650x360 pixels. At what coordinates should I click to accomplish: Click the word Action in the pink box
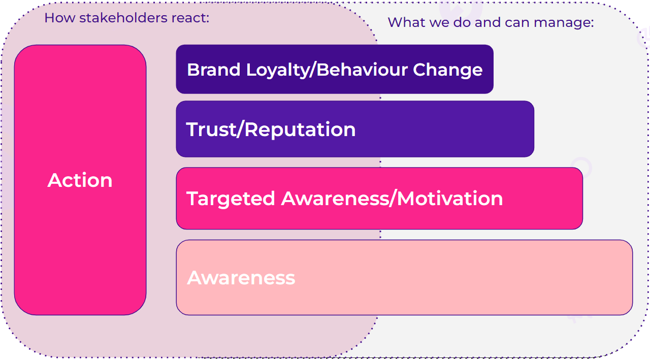[80, 180]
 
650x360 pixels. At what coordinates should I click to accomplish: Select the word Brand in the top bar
[214, 70]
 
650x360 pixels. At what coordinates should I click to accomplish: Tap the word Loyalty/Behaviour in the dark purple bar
[327, 71]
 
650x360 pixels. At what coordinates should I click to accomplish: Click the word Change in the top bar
[447, 70]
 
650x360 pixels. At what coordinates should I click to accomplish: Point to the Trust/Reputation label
[271, 129]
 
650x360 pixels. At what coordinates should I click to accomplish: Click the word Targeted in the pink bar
[231, 199]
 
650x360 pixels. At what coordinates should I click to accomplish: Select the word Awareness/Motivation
[392, 199]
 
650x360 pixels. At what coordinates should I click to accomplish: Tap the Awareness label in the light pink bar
[241, 278]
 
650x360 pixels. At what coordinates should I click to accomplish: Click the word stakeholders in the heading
[123, 18]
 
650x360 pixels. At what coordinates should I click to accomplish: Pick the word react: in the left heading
[190, 18]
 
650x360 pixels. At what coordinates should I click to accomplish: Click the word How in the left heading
[60, 18]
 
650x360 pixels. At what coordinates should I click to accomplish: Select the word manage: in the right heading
[564, 23]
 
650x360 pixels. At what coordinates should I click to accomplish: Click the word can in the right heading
[517, 23]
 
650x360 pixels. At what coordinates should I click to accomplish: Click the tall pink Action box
[80, 180]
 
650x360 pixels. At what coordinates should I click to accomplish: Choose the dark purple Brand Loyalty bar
[335, 69]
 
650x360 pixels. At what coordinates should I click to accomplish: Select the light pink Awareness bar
[404, 277]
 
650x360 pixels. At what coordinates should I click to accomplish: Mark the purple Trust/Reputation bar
[355, 129]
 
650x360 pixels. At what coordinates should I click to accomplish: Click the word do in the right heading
[462, 22]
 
